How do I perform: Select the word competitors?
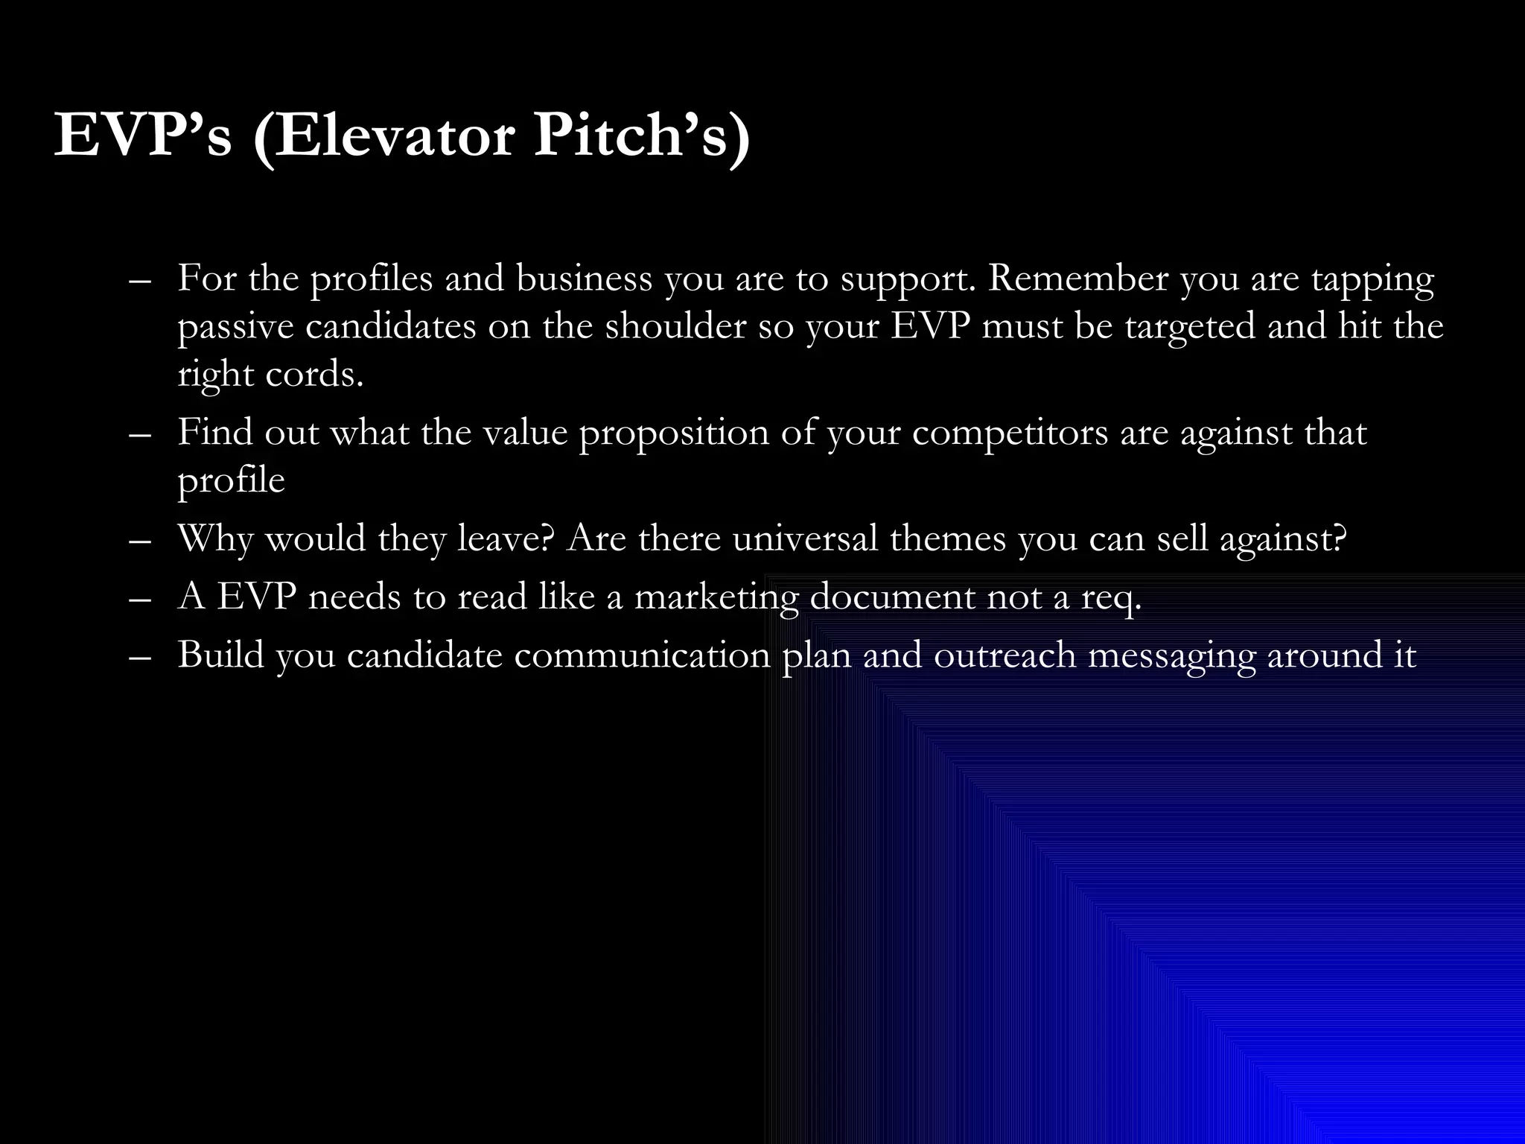click(x=1010, y=433)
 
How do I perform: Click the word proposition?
click(x=674, y=433)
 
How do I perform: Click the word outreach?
click(x=1005, y=655)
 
